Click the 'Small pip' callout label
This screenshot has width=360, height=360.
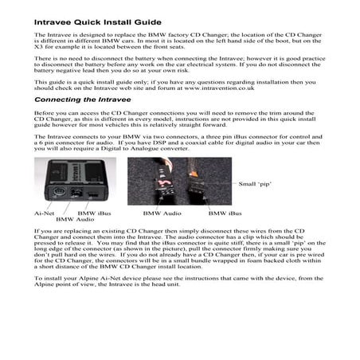pos(255,184)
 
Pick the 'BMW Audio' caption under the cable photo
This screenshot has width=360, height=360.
pos(160,213)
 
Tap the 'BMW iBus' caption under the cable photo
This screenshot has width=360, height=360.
pos(225,213)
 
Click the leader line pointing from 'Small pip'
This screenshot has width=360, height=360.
pos(226,184)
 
